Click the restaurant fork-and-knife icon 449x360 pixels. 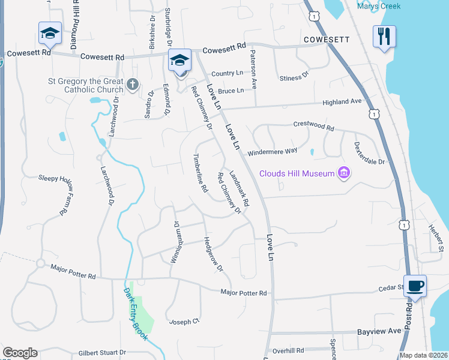pyautogui.click(x=384, y=37)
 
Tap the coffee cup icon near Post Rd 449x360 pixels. pyautogui.click(x=415, y=286)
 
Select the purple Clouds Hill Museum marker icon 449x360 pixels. pyautogui.click(x=343, y=174)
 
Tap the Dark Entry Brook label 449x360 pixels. pyautogui.click(x=136, y=315)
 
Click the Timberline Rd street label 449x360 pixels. pyautogui.click(x=200, y=173)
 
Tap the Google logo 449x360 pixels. pyautogui.click(x=20, y=353)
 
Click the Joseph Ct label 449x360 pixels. pyautogui.click(x=184, y=321)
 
